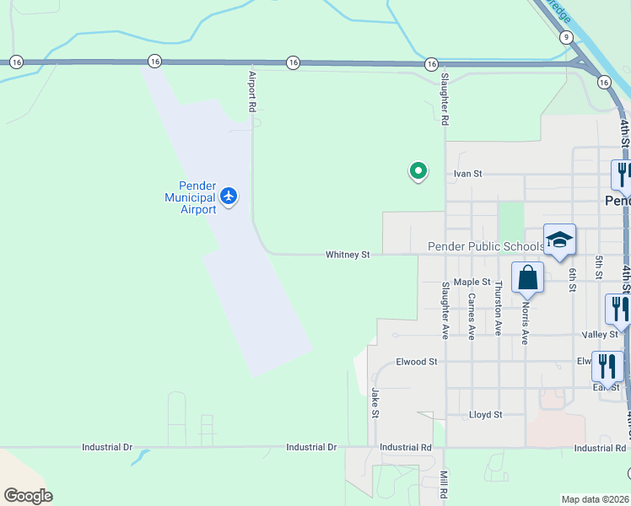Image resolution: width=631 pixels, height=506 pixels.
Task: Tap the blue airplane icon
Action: coord(229,196)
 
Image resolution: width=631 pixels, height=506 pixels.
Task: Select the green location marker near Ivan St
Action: coord(418,171)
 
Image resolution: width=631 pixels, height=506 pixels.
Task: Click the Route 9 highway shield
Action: coord(567,37)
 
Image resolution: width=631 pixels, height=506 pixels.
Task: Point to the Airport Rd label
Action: coord(251,91)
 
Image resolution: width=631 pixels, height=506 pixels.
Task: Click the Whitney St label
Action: coord(348,254)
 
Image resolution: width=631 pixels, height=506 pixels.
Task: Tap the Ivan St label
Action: coord(467,174)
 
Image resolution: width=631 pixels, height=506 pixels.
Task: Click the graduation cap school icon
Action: coord(559,240)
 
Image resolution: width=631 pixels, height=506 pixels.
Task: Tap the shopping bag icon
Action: coord(527,277)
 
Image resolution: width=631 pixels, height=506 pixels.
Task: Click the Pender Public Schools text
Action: coord(486,246)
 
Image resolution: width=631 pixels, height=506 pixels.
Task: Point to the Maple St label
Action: coord(472,282)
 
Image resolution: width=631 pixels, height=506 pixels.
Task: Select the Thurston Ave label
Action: coord(499,309)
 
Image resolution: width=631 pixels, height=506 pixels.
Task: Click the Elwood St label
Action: coord(417,362)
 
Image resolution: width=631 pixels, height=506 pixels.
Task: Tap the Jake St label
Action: coord(375,401)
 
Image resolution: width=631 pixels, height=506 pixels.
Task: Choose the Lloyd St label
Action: coord(485,415)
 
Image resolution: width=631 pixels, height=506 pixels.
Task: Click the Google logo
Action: coord(28,496)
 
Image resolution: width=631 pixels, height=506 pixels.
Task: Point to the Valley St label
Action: coord(601,335)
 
